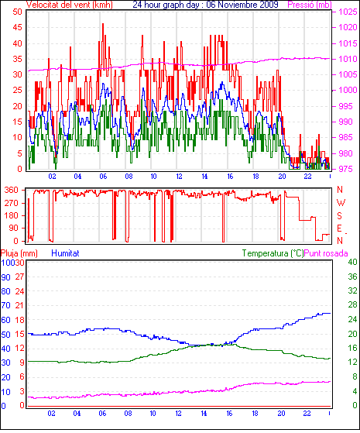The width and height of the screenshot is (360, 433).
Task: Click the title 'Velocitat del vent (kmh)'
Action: (70, 5)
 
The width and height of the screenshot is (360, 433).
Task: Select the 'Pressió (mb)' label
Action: (310, 5)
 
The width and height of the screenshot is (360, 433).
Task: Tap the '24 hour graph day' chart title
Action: (166, 5)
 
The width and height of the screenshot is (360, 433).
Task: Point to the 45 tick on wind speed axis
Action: (17, 27)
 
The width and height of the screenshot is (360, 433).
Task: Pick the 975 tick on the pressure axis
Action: (345, 169)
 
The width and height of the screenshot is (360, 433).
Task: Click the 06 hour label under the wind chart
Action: (103, 176)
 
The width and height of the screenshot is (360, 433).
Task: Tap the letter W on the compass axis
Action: (341, 203)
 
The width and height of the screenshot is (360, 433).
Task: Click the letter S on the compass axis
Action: (340, 215)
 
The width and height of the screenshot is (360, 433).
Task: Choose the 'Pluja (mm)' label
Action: (19, 253)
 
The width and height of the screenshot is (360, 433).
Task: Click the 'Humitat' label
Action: (66, 253)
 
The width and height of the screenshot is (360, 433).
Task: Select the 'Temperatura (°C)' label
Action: (273, 253)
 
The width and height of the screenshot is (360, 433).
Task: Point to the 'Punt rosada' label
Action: (326, 253)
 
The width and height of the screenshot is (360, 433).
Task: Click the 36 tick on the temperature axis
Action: (352, 277)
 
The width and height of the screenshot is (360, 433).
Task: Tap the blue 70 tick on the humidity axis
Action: (5, 305)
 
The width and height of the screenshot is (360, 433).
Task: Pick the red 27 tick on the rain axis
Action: (19, 277)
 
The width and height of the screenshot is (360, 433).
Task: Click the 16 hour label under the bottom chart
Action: (229, 414)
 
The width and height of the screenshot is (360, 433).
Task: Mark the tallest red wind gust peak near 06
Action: (103, 24)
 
